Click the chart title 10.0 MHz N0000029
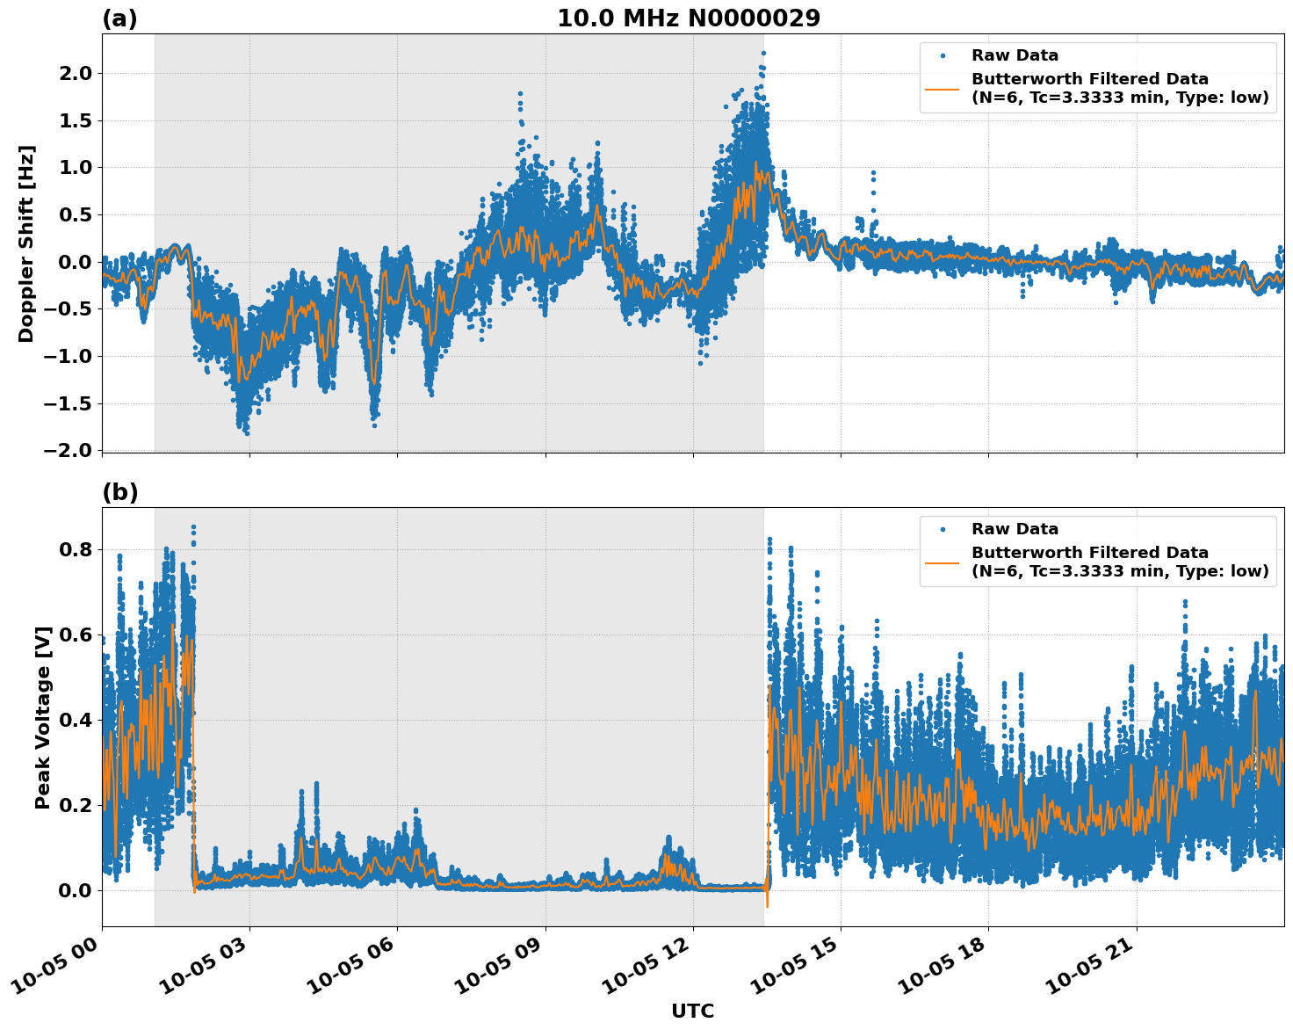(689, 18)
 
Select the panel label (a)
(119, 18)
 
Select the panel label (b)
(119, 492)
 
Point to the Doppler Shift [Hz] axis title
(26, 243)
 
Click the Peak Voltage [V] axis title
(43, 717)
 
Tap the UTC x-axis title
(692, 1011)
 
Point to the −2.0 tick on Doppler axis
(68, 450)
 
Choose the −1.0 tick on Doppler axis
(68, 356)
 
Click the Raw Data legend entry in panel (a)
(1015, 55)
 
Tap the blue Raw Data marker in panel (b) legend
(943, 530)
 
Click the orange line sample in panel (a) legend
(943, 88)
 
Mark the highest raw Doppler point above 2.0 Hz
(763, 54)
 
